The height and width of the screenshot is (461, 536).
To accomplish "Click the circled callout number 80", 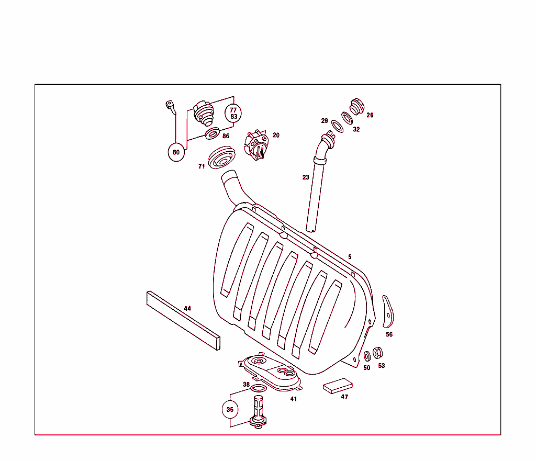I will tap(176, 153).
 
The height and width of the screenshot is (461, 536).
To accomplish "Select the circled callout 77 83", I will tap(233, 113).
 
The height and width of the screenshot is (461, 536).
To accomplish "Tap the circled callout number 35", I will tap(230, 409).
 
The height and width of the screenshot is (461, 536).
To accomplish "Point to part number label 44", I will tap(187, 308).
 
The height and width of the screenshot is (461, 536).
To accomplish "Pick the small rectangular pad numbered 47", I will tap(338, 386).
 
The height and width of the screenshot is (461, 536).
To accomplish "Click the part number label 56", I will tap(389, 334).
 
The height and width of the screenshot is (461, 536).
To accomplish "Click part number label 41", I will tap(294, 399).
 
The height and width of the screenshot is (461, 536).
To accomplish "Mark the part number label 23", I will tap(306, 177).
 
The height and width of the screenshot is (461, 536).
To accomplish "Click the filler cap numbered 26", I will tap(356, 106).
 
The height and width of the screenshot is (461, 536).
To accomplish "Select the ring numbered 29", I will tap(337, 126).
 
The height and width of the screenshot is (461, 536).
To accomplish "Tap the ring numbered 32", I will tap(347, 117).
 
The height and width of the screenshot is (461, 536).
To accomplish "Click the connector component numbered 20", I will tap(256, 145).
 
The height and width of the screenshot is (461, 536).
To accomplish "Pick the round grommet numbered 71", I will tap(222, 159).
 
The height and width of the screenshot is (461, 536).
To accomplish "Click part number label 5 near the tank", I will tap(350, 257).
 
